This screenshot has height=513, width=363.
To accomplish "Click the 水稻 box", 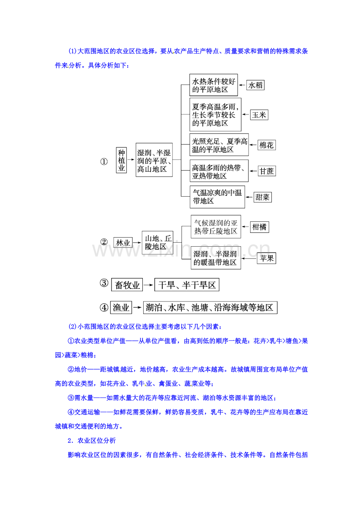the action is (255, 85).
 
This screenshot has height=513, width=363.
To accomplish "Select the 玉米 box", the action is (259, 115).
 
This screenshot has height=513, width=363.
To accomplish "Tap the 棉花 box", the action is (266, 145).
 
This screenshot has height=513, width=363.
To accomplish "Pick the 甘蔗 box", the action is (267, 171).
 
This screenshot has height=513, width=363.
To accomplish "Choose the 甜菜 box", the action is (262, 197).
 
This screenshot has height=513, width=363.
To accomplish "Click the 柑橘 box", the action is (259, 227).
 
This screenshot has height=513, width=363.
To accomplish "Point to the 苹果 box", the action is (266, 258).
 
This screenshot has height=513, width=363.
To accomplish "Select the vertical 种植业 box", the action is (121, 160).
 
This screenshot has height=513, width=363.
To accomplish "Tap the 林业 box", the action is (123, 242).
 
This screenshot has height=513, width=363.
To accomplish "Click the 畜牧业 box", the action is (127, 284).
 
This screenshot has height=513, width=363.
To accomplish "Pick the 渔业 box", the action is (121, 307).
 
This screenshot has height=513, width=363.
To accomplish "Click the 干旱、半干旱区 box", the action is (187, 284).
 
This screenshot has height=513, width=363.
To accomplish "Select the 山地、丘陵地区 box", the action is (157, 243).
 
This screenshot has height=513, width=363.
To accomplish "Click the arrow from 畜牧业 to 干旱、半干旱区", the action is (148, 285).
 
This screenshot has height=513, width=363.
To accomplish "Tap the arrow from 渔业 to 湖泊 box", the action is (137, 307).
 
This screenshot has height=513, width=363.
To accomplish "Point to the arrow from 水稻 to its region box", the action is (242, 85).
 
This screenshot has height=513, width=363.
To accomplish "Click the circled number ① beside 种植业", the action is (104, 162).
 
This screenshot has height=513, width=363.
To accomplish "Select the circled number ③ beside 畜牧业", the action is (104, 283).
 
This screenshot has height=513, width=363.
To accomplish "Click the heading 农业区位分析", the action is (97, 441).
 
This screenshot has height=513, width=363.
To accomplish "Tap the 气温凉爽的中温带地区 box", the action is (217, 197).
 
